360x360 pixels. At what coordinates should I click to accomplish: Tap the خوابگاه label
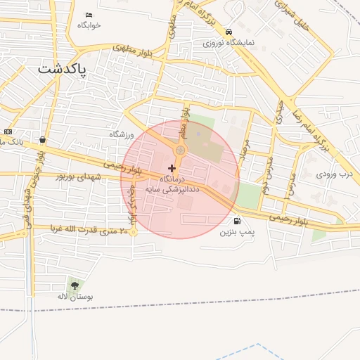click(89, 25)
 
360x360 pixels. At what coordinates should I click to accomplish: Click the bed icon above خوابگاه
click(89, 15)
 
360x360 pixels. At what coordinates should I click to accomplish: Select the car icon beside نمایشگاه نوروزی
click(229, 32)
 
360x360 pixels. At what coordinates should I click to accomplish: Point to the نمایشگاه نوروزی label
click(229, 42)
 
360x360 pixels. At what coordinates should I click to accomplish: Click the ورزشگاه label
click(121, 134)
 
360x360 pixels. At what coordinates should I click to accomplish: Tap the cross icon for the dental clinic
click(172, 168)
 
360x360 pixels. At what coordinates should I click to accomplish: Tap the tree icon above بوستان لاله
click(75, 285)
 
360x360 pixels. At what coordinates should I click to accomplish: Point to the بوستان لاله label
click(75, 296)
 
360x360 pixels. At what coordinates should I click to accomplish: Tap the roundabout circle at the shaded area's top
click(180, 150)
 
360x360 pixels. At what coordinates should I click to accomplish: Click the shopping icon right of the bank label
click(44, 140)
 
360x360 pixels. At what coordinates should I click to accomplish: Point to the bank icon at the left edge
click(8, 131)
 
